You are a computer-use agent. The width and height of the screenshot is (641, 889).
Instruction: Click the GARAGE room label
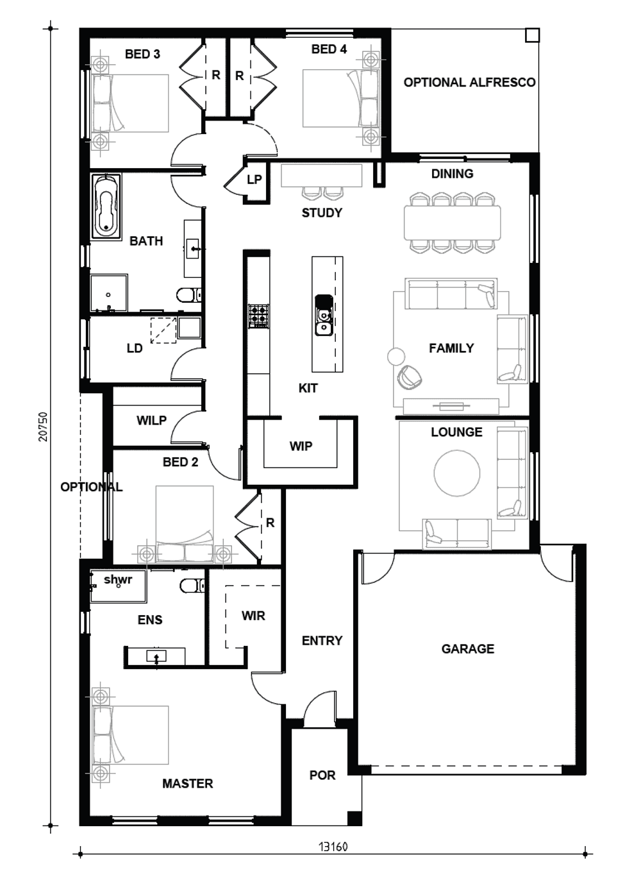468,648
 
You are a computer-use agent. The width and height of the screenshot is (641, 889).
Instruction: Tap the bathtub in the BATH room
106,206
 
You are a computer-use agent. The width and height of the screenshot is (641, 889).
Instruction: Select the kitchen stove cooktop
258,316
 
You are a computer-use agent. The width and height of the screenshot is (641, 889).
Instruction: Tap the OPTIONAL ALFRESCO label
470,82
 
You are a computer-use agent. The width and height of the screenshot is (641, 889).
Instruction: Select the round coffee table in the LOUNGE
457,473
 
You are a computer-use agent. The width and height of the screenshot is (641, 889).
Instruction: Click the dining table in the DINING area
452,223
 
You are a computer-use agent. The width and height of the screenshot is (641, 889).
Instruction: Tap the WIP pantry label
301,446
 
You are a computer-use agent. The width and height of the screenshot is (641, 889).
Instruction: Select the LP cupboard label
254,180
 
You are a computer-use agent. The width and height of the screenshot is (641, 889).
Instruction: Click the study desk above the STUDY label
321,175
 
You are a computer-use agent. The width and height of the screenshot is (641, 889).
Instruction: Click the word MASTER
188,783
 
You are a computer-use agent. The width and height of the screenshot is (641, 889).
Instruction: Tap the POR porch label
322,775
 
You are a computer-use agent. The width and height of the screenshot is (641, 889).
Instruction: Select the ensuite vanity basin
156,656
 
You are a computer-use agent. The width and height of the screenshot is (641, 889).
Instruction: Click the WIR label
253,616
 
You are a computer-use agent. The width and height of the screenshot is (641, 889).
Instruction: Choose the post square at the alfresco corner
532,35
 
